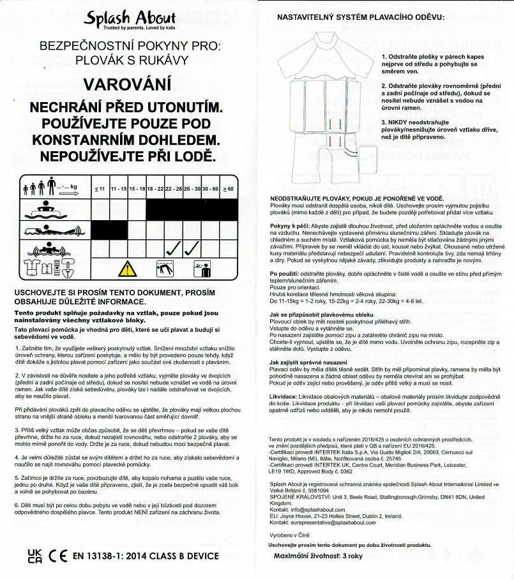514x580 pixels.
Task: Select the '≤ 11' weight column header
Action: click(x=99, y=190)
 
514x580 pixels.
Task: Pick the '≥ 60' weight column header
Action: click(x=229, y=190)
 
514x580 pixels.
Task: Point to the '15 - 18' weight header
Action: click(x=137, y=190)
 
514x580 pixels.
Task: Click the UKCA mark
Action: click(x=36, y=556)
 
